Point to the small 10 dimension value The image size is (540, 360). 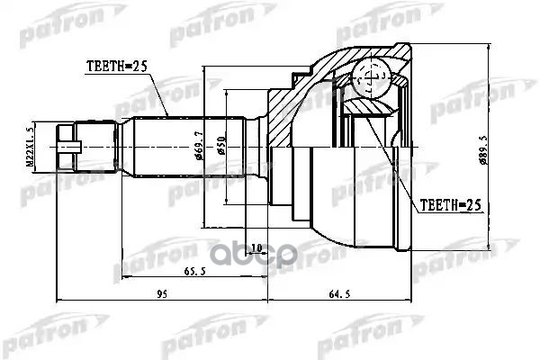pos(256,247)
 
